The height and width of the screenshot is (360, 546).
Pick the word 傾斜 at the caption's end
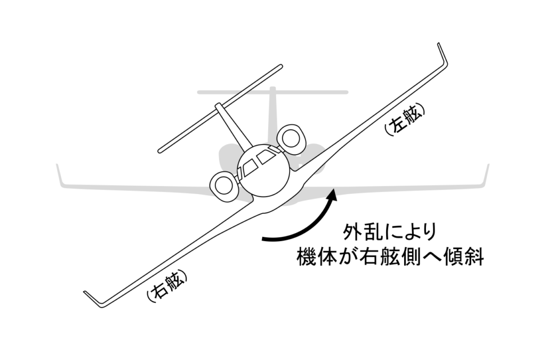tap(465, 258)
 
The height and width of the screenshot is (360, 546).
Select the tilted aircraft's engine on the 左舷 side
tap(290, 138)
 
